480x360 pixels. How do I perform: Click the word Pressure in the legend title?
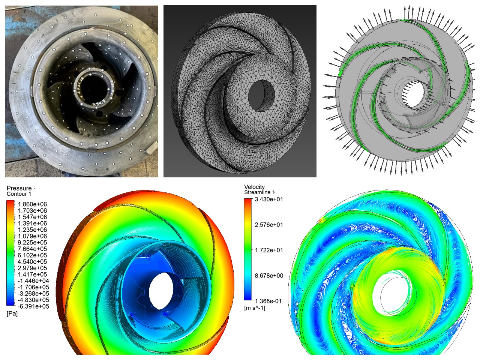coord(19,188)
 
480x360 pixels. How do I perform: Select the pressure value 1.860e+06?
coord(32,204)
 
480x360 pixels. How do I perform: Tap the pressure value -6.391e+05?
coord(33,306)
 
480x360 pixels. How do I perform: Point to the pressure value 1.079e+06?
coord(32,236)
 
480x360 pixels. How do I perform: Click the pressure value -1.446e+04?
coord(33,280)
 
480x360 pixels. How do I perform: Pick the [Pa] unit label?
coord(12,313)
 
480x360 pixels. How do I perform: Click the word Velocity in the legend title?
coord(254,187)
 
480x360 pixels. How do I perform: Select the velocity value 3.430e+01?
coord(269,199)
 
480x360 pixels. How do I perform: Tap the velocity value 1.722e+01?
coord(269,250)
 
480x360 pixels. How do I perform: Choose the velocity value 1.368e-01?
coord(269,301)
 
